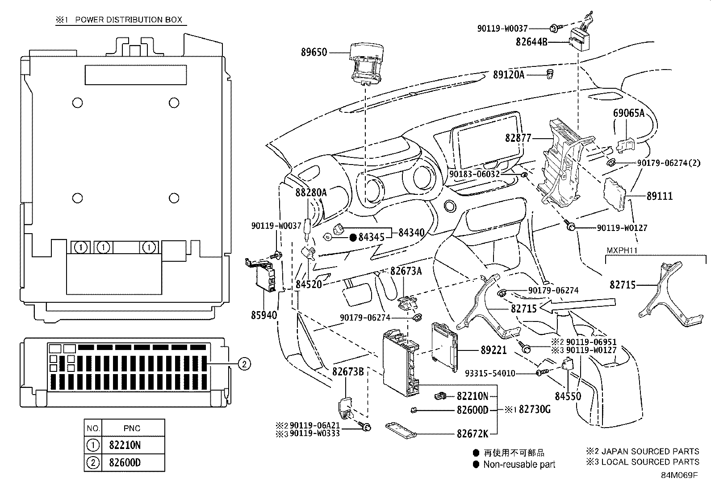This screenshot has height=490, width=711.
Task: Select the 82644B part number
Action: [x=531, y=42]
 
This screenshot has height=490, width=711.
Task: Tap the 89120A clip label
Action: [x=508, y=75]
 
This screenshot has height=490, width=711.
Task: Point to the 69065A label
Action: [x=628, y=113]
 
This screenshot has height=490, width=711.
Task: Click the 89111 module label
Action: [x=659, y=196]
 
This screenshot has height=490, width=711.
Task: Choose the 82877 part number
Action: [x=518, y=138]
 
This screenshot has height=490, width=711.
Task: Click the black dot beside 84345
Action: [x=352, y=238]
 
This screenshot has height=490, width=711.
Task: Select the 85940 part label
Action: [x=263, y=315]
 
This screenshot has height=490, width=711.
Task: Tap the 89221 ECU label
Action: [x=494, y=350]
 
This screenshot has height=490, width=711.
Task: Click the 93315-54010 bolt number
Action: [x=490, y=373]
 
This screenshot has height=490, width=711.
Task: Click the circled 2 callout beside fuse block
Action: [x=243, y=364]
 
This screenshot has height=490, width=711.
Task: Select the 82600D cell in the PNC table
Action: [x=125, y=462]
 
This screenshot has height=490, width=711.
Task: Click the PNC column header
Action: [x=132, y=428]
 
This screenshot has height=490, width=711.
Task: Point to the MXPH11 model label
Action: [x=621, y=251]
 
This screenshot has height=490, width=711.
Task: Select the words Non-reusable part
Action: [x=519, y=465]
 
